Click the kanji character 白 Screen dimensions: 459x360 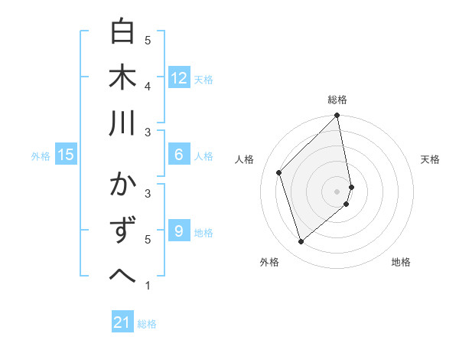pyautogui.click(x=122, y=32)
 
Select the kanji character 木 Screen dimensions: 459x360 pyautogui.click(x=122, y=78)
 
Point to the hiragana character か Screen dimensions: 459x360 pyautogui.click(x=122, y=185)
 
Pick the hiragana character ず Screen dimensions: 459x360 pyautogui.click(x=122, y=231)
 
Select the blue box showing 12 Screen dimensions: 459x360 pyautogui.click(x=178, y=78)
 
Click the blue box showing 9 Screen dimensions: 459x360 pyautogui.click(x=178, y=231)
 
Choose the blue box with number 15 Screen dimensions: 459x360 pyautogui.click(x=66, y=155)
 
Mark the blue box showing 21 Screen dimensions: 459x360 pyautogui.click(x=122, y=322)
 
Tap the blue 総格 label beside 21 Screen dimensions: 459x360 pyautogui.click(x=147, y=324)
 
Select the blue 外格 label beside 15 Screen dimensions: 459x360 pyautogui.click(x=41, y=156)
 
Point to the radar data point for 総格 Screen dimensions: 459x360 pyautogui.click(x=337, y=116)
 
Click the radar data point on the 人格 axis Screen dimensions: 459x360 pyautogui.click(x=279, y=172)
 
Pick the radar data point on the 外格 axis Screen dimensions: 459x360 pyautogui.click(x=301, y=242)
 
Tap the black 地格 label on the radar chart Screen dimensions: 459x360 pyautogui.click(x=401, y=263)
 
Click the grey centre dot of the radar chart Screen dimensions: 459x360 pyautogui.click(x=337, y=191)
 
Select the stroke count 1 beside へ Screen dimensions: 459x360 pyautogui.click(x=148, y=286)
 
